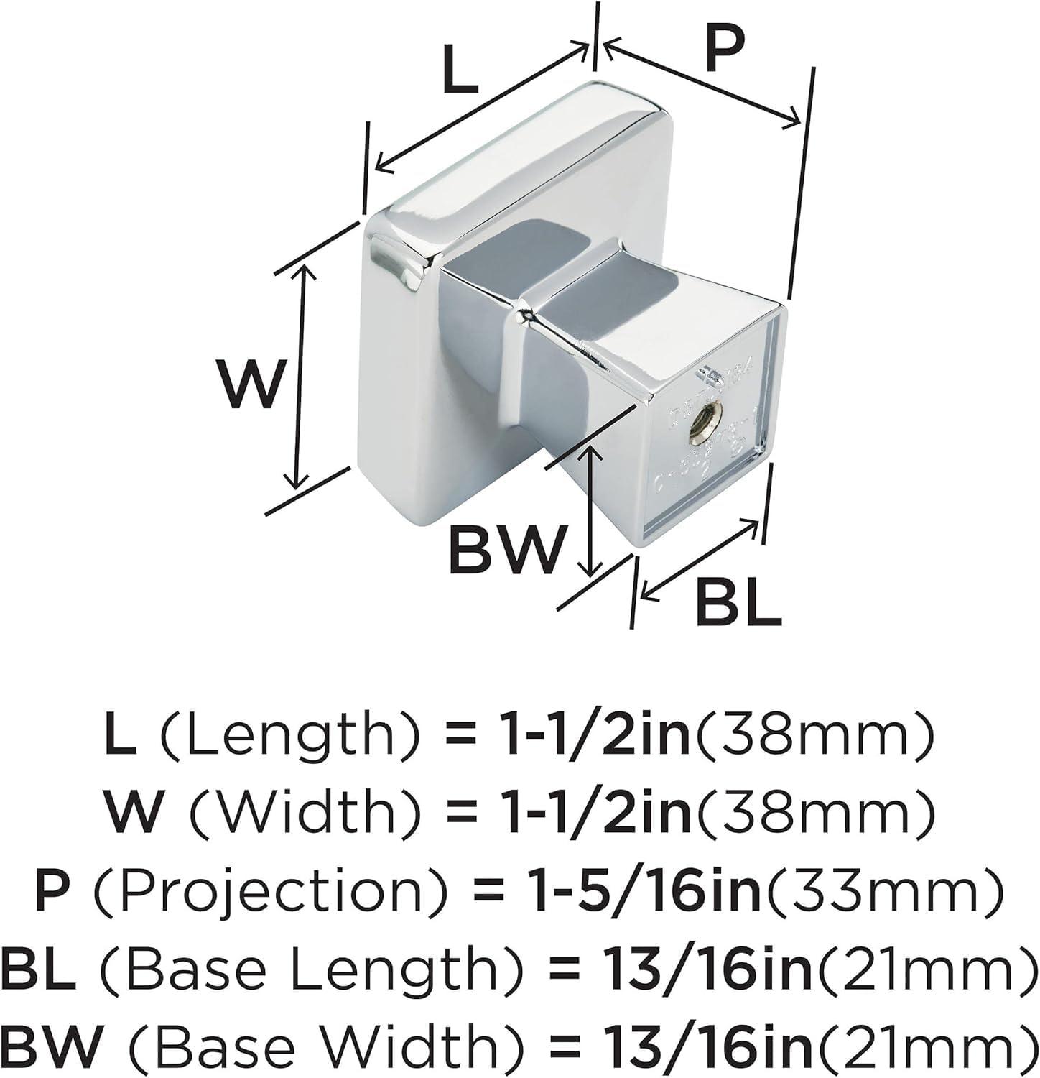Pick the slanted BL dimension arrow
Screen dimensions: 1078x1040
click(x=700, y=558)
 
